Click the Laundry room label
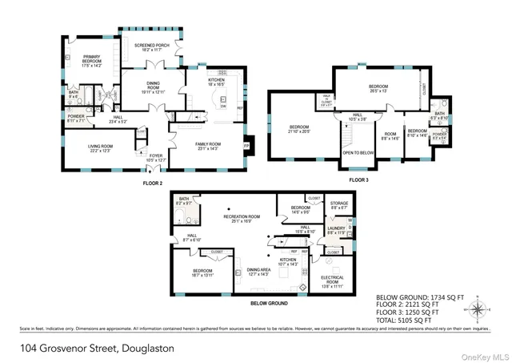click(x=336, y=230)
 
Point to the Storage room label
click(x=339, y=205)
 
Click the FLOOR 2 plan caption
click(x=153, y=183)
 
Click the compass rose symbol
click(x=478, y=309)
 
